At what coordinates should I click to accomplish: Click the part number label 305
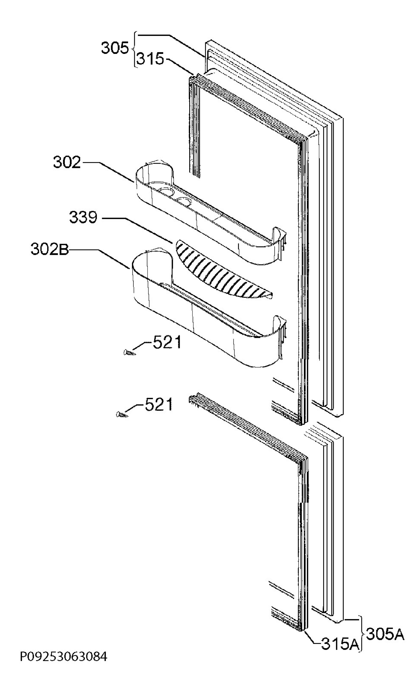[x=115, y=48]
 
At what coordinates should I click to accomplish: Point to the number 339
[x=83, y=218]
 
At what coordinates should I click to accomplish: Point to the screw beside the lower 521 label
[x=122, y=414]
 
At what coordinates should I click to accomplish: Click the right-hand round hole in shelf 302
[x=184, y=201]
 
